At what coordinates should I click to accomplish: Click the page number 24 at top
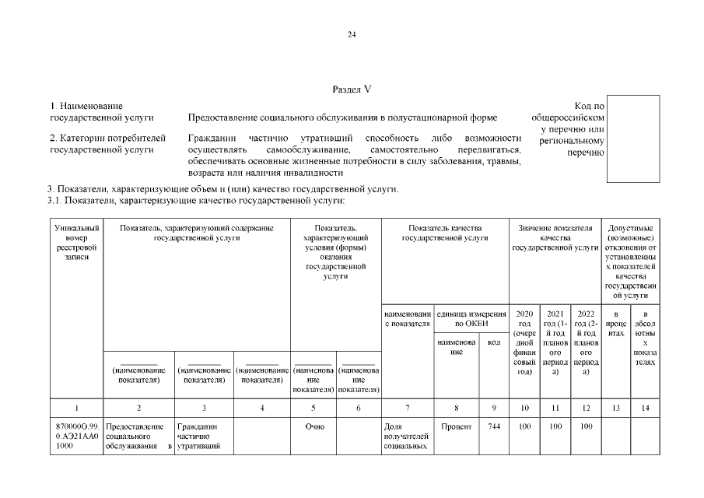(x=352, y=33)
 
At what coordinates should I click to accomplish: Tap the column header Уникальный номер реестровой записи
(x=76, y=241)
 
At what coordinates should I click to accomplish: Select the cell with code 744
(x=494, y=426)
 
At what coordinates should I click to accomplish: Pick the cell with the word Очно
(x=314, y=426)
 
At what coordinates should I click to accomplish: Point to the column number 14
(x=645, y=407)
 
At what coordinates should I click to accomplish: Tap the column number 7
(x=407, y=407)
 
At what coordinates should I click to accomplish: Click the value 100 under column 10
(x=524, y=426)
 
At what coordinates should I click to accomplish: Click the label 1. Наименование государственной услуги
(x=86, y=111)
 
